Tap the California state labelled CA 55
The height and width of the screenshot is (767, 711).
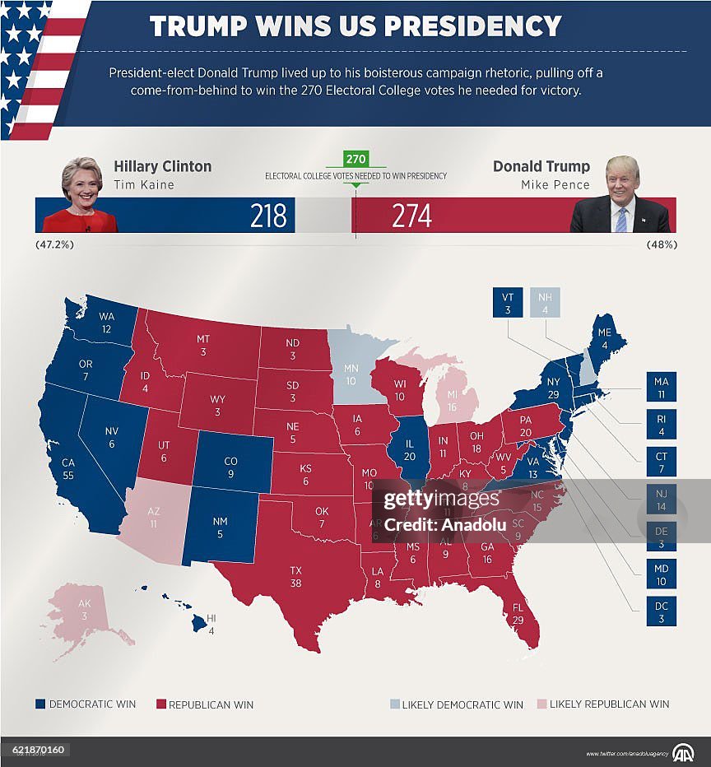68,469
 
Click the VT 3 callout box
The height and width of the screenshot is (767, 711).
508,302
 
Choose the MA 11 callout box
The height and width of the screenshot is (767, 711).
661,388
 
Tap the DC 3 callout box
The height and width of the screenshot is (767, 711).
661,611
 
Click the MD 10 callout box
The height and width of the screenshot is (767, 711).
661,574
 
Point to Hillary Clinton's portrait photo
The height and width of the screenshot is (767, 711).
81,196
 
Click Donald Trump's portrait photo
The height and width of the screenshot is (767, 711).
621,196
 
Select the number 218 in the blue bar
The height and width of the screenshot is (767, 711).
268,216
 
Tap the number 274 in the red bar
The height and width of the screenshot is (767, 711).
411,216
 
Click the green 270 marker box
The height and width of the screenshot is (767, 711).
355,159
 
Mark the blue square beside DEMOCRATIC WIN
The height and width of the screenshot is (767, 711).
39,704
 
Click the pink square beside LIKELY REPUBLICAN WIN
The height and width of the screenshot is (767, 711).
541,704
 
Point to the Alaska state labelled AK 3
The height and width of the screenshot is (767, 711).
85,613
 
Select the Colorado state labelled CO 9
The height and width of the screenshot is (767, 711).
231,467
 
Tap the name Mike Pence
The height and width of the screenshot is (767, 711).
555,185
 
